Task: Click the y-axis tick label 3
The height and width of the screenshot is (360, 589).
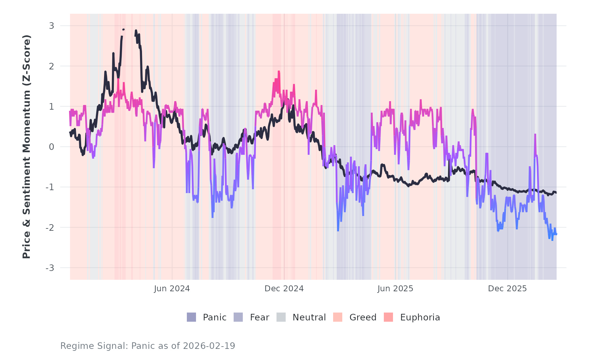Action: click(x=51, y=26)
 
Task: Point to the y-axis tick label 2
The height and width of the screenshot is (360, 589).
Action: click(x=51, y=66)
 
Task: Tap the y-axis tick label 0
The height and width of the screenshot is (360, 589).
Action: click(x=51, y=147)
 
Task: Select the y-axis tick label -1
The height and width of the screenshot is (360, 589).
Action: click(x=50, y=187)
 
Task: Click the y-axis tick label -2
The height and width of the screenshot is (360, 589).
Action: click(x=50, y=227)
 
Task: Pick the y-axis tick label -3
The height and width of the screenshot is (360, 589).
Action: click(x=50, y=268)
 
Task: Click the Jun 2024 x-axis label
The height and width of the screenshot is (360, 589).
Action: click(x=172, y=289)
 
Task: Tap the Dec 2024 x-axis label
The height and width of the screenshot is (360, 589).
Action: click(x=284, y=289)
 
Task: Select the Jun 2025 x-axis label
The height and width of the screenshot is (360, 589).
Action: click(x=395, y=289)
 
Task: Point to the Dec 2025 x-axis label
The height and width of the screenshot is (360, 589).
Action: click(x=507, y=289)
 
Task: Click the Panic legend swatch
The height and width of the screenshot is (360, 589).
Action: click(x=191, y=317)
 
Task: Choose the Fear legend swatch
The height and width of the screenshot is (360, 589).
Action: click(x=238, y=317)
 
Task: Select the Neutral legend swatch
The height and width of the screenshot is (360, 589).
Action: click(x=281, y=317)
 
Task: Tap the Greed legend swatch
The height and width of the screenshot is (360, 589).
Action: click(x=338, y=317)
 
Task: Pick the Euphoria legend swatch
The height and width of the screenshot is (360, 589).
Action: click(x=388, y=317)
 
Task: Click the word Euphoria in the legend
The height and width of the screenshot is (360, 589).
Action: click(x=420, y=317)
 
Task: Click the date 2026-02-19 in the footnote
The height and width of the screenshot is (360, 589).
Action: click(x=209, y=346)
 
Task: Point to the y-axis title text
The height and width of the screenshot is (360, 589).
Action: click(x=27, y=147)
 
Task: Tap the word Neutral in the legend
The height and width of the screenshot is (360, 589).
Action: click(x=309, y=317)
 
